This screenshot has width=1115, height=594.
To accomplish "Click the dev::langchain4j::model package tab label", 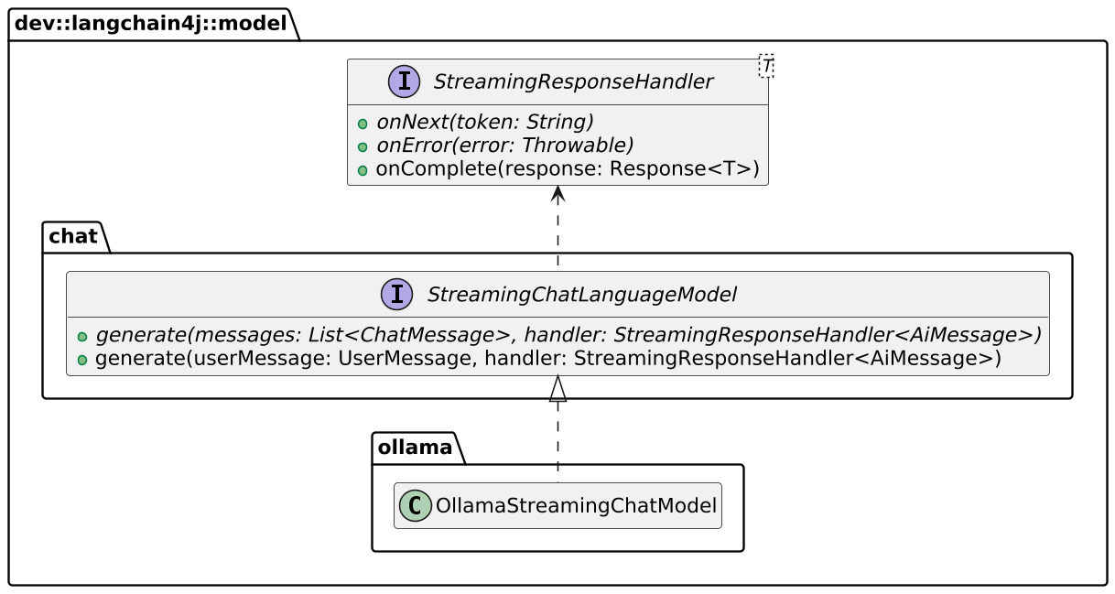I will (151, 24).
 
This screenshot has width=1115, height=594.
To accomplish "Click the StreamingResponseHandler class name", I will (572, 82).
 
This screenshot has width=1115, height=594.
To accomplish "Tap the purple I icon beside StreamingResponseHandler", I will (404, 82).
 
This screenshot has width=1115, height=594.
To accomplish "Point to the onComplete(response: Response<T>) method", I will (567, 169).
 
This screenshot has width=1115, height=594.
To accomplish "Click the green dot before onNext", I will (363, 124).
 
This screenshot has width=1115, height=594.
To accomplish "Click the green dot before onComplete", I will (363, 171).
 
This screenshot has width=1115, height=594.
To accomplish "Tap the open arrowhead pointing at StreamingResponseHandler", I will (557, 193).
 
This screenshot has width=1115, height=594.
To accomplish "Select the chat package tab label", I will (73, 236).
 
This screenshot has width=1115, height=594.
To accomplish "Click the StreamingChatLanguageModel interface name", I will (581, 295).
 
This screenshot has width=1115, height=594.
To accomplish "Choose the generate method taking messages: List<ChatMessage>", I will (568, 335).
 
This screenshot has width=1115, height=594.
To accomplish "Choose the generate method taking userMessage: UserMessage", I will (547, 359).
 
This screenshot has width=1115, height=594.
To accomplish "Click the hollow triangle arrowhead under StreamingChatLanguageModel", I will (557, 389).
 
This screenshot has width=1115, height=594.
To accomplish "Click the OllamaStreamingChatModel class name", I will (576, 506).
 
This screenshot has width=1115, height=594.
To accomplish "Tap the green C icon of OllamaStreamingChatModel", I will (416, 506).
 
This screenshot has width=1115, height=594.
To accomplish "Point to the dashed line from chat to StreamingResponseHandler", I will (557, 233).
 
